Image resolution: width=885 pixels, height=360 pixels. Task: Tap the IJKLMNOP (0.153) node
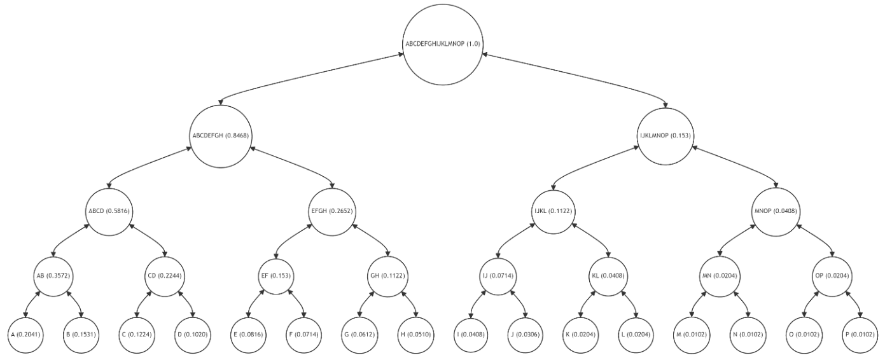point(664,135)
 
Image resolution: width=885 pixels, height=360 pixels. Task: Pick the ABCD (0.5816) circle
point(110,210)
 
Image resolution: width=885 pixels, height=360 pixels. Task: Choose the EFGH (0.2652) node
point(331,210)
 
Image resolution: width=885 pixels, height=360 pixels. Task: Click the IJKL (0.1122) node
point(554,210)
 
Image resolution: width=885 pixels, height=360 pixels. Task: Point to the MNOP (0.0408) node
point(775,210)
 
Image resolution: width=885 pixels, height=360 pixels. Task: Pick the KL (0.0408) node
point(609,275)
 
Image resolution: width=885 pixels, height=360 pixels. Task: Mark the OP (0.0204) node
point(830,275)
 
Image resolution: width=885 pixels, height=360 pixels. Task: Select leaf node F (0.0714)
point(304,334)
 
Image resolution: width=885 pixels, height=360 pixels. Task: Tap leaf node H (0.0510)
point(415,334)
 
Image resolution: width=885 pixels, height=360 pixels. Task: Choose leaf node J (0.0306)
point(526,334)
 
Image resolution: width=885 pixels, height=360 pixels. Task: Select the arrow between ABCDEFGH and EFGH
point(293,167)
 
